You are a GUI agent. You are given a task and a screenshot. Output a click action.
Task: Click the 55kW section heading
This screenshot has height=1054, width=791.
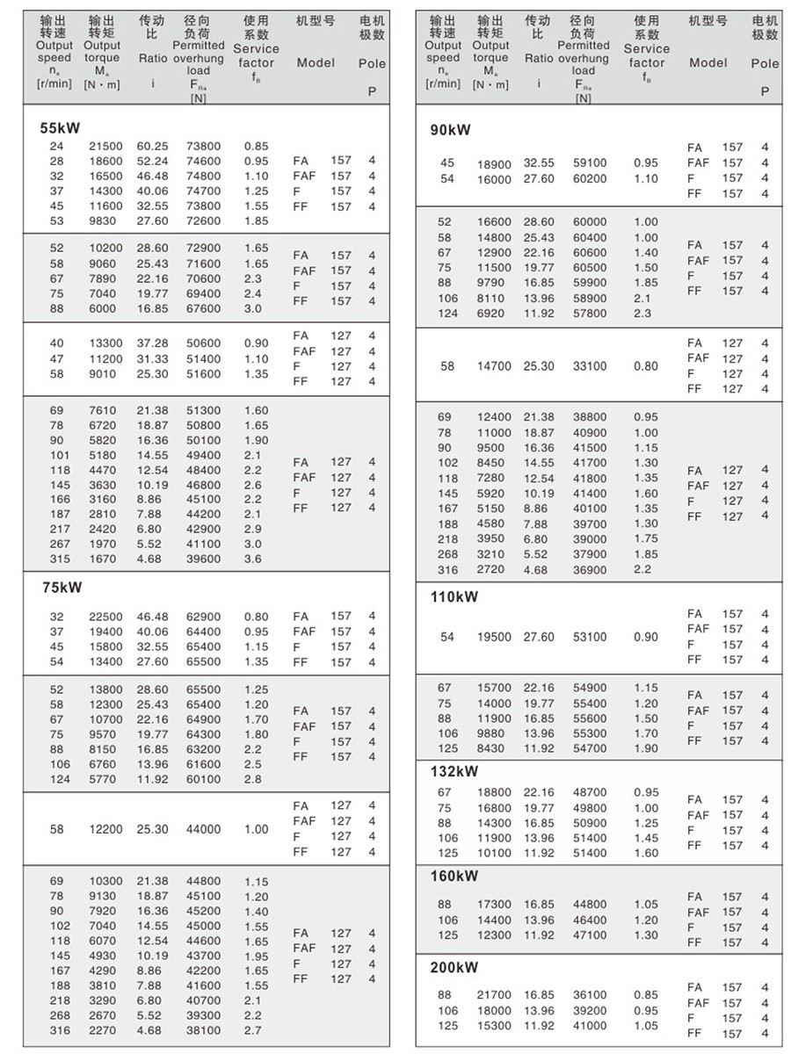(60, 128)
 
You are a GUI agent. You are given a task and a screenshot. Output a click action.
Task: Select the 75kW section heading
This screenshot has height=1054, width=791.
(60, 588)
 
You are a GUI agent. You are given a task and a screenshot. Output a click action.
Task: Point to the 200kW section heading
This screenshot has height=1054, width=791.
(454, 968)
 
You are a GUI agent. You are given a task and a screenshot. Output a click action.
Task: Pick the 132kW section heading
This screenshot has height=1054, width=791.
(454, 772)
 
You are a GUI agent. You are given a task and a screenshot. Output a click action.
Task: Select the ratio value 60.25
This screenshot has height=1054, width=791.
(152, 146)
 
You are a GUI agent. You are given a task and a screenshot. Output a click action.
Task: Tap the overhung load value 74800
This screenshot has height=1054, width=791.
(203, 176)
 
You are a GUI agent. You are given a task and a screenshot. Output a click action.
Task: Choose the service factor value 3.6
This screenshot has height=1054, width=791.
(252, 559)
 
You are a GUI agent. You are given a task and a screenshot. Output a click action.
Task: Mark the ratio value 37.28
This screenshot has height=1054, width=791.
(152, 343)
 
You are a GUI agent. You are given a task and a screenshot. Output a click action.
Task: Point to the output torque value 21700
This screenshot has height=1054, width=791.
(493, 995)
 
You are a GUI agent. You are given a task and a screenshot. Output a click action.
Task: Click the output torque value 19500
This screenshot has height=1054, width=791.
(493, 637)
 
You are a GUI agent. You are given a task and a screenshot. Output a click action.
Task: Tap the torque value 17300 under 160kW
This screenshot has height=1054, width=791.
(493, 905)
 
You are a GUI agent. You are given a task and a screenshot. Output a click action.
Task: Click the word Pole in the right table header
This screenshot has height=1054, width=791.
(765, 63)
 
